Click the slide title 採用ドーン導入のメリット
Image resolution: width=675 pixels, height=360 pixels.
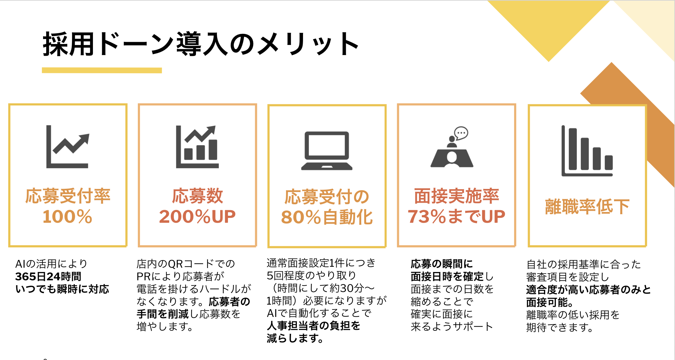tap(201, 44)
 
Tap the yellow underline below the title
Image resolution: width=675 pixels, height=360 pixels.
tap(102, 70)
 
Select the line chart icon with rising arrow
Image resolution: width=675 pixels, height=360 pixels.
tap(68, 147)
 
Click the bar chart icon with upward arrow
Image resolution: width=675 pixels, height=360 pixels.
tap(197, 147)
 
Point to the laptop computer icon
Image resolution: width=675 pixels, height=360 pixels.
tap(327, 151)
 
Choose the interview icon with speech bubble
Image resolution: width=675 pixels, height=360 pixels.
tap(452, 147)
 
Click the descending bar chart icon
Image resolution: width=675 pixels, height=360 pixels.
tap(587, 151)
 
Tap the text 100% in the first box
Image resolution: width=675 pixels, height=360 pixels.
tap(67, 216)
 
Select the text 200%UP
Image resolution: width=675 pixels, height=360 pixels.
tap(197, 216)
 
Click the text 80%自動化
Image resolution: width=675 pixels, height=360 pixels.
tap(327, 217)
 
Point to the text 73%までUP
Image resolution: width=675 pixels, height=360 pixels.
tap(456, 216)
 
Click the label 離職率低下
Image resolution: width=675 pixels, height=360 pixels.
tap(587, 206)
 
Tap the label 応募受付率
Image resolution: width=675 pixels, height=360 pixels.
tap(68, 196)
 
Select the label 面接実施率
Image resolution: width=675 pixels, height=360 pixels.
tap(456, 196)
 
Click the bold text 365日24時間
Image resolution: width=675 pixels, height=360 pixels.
tap(48, 276)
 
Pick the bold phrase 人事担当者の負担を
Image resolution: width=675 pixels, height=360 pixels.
tap(314, 326)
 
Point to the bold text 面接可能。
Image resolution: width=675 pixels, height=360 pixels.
tap(550, 302)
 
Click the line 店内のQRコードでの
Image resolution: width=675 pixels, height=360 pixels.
tap(186, 264)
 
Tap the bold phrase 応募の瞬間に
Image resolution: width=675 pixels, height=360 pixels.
tap(441, 264)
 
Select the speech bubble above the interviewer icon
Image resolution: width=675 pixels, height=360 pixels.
tap(461, 133)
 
